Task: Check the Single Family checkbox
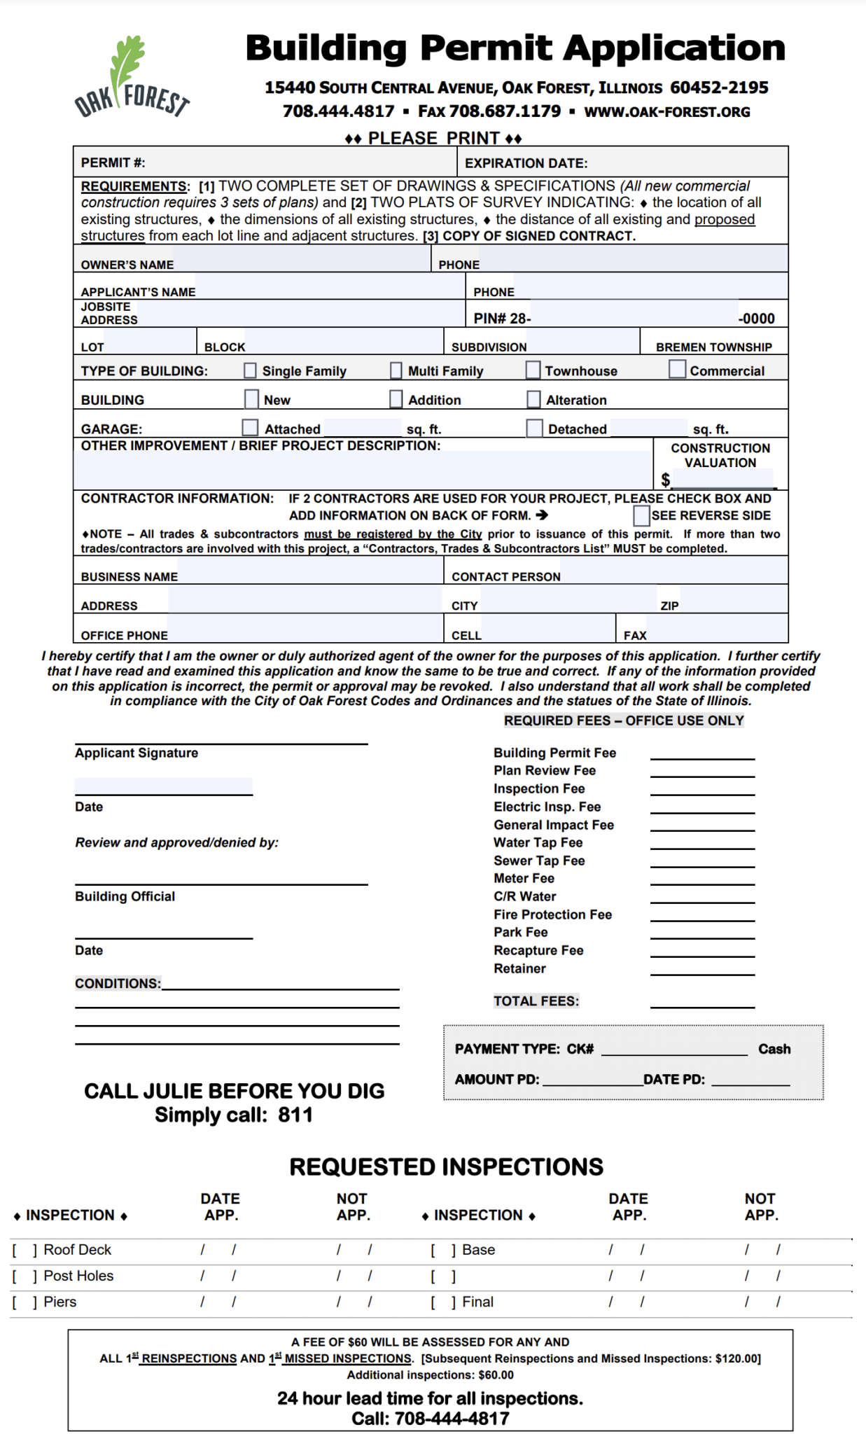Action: [x=250, y=370]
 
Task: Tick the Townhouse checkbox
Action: [x=533, y=370]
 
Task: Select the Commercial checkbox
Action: [x=677, y=368]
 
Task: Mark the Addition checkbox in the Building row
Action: [x=396, y=398]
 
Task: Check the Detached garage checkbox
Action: [x=534, y=428]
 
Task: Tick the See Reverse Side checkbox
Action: [x=641, y=515]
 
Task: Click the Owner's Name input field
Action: [x=301, y=261]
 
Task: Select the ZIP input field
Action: [x=732, y=601]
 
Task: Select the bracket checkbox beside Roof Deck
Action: [x=24, y=1250]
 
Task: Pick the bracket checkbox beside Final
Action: [x=443, y=1302]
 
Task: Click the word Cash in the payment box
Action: [x=774, y=1049]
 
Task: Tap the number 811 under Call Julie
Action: [x=295, y=1115]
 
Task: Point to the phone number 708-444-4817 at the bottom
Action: [x=452, y=1419]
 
